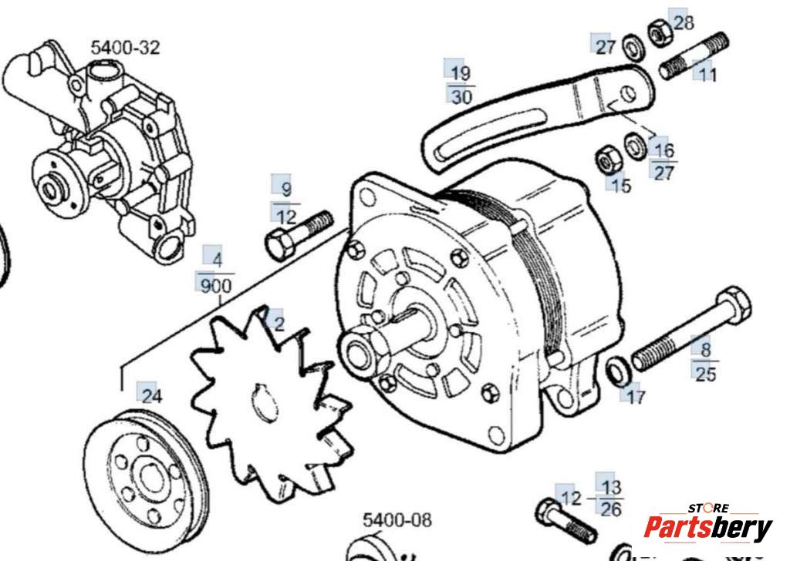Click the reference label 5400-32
[x=125, y=48]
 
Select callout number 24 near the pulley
[x=152, y=397]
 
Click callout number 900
[x=216, y=287]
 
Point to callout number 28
[x=684, y=23]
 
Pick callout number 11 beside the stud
[x=708, y=75]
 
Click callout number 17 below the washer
[x=636, y=398]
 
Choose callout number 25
[x=705, y=375]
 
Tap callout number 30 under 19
[x=461, y=97]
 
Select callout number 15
[x=620, y=185]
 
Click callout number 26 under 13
[x=611, y=509]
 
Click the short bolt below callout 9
[x=298, y=233]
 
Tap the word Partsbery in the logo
[x=707, y=529]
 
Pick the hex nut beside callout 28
[x=658, y=33]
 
